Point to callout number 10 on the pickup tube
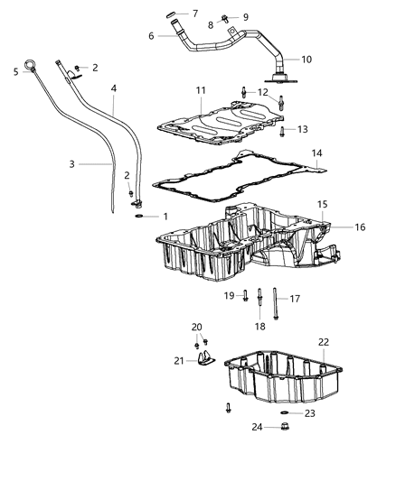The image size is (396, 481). pos(306,59)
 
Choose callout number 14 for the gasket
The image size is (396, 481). pos(317,154)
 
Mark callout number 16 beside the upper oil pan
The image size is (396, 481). pos(335,227)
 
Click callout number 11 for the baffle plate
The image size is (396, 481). pos(201,91)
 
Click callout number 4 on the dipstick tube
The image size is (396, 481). pos(114,88)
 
